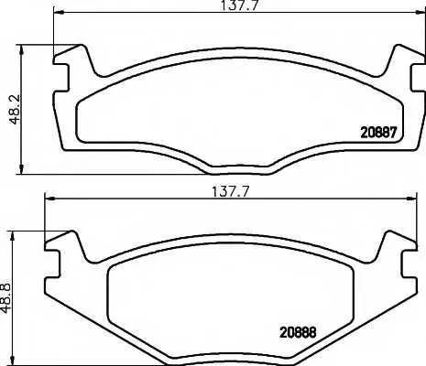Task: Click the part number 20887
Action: coord(378,133)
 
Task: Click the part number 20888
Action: coord(298,332)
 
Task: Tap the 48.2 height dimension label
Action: coord(15,109)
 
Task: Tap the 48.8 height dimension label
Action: coord(5,298)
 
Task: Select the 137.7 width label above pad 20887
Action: coord(240,5)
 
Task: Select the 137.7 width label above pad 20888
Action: coord(231,191)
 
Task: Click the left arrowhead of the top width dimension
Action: coord(59,13)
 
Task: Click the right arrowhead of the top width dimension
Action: coord(420,13)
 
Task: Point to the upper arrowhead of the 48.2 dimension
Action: coord(21,50)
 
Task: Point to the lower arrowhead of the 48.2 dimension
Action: coord(21,169)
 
